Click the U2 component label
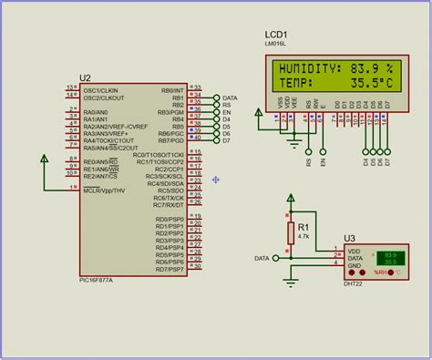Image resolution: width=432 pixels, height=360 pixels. click(x=86, y=79)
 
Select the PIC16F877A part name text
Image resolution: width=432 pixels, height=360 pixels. click(x=96, y=281)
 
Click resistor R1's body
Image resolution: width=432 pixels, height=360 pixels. click(x=291, y=232)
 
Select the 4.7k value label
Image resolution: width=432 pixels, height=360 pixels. click(x=303, y=235)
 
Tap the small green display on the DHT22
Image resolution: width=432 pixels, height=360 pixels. click(x=390, y=259)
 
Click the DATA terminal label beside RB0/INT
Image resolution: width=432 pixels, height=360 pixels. click(x=230, y=98)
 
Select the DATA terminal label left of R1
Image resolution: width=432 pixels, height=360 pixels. click(x=262, y=259)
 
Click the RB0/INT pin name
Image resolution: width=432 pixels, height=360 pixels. click(x=171, y=90)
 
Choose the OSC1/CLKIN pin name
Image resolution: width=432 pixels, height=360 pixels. click(x=100, y=90)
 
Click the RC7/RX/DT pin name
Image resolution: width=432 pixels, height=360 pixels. click(x=169, y=205)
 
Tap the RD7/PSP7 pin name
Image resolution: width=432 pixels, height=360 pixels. click(x=170, y=269)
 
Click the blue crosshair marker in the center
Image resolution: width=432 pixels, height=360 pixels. click(x=216, y=180)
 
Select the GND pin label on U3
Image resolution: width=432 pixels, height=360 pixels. click(x=355, y=267)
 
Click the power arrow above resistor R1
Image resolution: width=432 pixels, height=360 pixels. click(x=291, y=197)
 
